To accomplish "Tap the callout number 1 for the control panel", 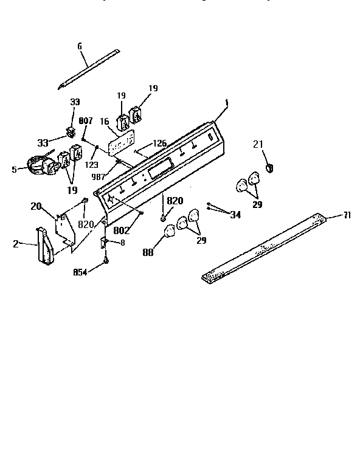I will pos(226,104).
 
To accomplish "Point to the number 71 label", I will pos(347,215).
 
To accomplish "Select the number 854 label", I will pos(80,272).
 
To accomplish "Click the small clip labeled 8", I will pos(104,242).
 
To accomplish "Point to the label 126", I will pos(159,144).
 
